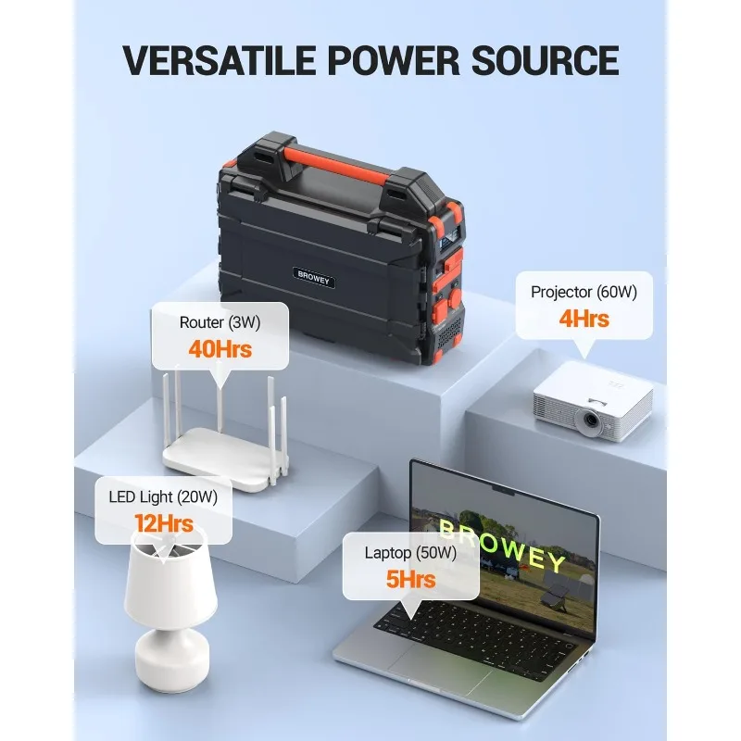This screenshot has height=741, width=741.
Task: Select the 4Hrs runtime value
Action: (584, 319)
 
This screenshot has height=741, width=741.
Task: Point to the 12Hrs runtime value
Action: (163, 523)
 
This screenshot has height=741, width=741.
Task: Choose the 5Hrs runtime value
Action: (411, 581)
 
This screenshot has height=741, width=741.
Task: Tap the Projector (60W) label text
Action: (584, 292)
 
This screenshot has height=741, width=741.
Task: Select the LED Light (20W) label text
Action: (163, 497)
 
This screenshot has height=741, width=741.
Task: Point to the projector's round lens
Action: (586, 421)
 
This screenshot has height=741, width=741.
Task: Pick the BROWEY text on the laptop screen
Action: (500, 546)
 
